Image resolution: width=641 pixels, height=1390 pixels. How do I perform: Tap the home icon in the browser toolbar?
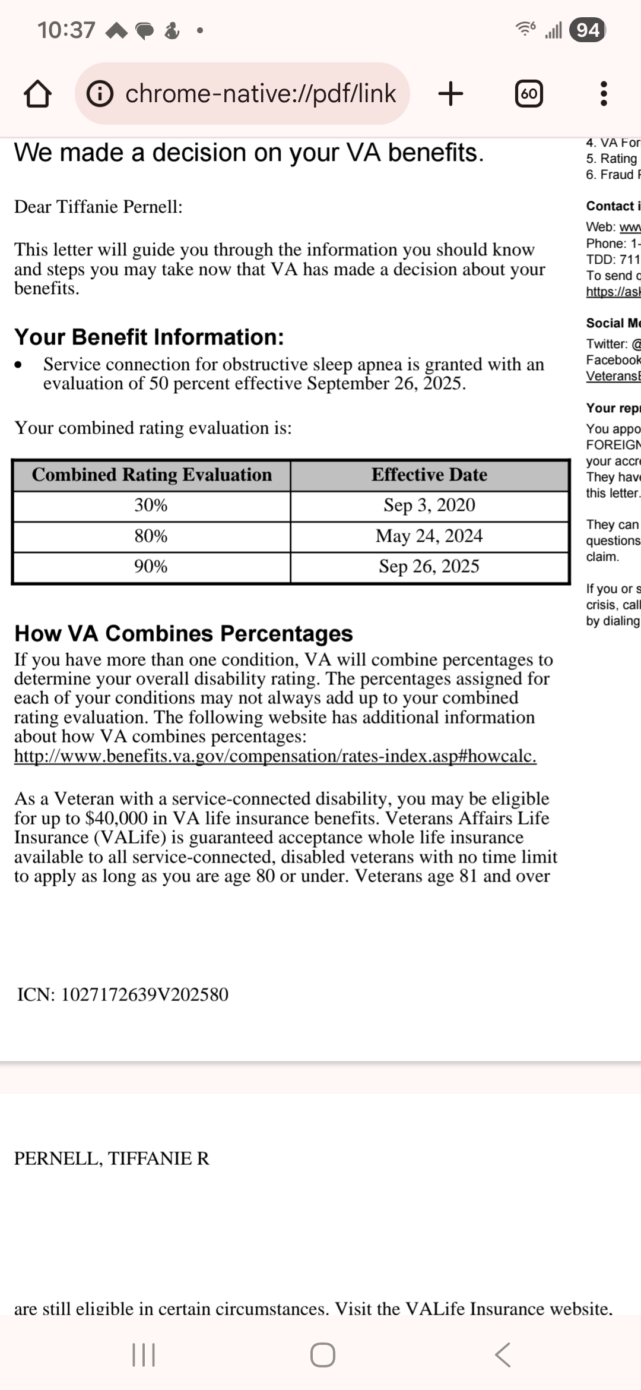point(37,94)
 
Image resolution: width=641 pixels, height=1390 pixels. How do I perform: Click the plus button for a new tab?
point(450,93)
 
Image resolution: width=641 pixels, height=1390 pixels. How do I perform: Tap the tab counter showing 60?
point(528,94)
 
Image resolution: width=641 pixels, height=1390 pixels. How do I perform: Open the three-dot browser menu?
point(604,94)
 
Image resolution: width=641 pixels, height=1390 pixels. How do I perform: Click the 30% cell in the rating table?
point(151,506)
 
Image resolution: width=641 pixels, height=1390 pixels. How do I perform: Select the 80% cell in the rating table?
point(151,536)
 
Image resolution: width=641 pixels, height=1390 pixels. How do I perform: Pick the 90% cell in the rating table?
point(151,567)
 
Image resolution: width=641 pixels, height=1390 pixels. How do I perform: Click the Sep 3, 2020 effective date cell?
point(429,506)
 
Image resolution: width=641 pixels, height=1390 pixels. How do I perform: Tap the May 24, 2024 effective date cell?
point(429,536)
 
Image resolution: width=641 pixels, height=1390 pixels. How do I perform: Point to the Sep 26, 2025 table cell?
point(429,567)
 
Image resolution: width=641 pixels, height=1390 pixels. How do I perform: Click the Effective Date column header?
point(429,475)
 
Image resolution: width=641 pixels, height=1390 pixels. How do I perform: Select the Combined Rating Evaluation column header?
point(152,475)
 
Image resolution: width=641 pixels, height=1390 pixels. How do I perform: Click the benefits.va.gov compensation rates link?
point(275,756)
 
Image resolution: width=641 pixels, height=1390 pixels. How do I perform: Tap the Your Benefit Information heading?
point(149,337)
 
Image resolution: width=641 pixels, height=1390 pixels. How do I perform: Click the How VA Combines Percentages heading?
point(183,634)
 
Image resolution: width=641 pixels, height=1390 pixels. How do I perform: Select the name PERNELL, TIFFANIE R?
point(112,1158)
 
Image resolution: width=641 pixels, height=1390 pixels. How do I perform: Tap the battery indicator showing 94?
point(587,30)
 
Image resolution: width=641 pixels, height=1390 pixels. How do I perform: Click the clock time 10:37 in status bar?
point(66,30)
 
